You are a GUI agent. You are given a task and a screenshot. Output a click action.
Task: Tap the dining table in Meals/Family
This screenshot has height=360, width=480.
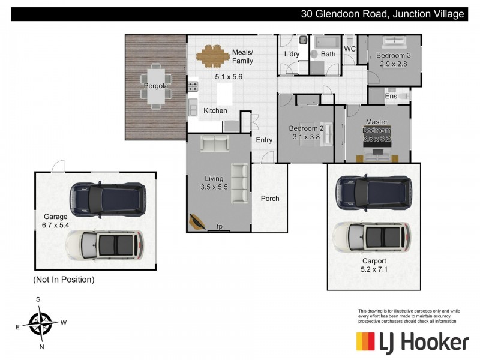(213, 57)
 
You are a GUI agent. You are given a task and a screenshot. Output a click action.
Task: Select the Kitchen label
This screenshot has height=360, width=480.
(215, 110)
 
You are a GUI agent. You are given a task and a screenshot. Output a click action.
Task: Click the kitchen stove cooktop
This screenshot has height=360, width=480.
(193, 88)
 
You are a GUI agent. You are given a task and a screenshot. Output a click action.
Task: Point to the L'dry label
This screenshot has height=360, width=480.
(292, 55)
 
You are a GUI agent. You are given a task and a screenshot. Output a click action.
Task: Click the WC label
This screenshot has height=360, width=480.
(350, 49)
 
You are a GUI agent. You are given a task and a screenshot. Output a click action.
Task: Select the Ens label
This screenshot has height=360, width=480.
(391, 96)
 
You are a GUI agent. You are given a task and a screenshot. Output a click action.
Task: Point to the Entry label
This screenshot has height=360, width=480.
(264, 140)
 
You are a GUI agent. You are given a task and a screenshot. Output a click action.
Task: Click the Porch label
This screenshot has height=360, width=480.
(270, 199)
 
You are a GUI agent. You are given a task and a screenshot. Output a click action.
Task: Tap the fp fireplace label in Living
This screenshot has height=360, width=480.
(220, 227)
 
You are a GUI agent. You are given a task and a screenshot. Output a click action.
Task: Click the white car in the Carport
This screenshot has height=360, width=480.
(372, 237)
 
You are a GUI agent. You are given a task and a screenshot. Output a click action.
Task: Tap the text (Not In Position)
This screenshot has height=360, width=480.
(64, 280)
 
